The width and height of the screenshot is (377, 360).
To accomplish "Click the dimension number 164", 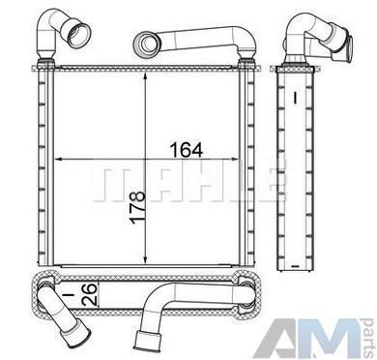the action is point(187,150).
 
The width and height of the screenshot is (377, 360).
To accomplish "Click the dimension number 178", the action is point(137,207).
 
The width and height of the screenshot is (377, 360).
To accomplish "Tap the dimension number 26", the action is point(89,295).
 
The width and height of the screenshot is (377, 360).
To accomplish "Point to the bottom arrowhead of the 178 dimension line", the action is point(146,258).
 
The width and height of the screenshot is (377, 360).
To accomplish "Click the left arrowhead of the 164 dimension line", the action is point(59,159).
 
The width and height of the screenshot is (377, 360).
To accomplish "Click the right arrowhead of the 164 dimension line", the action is point(234,159).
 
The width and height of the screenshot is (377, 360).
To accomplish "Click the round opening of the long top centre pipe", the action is point(147,43).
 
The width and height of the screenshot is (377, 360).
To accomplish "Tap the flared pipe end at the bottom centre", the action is point(147,342).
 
